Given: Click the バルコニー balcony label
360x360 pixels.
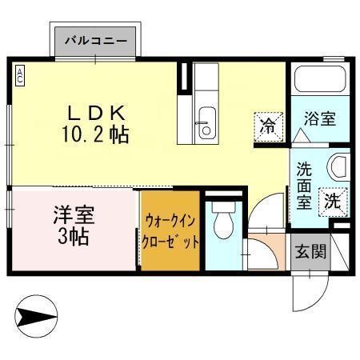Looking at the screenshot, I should point(96,38).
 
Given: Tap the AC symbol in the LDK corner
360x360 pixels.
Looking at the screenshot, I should point(20,75).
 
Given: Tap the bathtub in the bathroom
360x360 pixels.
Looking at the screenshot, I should point(319,79).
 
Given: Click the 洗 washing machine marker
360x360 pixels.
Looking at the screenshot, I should point(332,202).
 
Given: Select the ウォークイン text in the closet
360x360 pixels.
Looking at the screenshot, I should point(170,220).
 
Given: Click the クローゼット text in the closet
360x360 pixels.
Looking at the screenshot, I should point(170,240).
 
